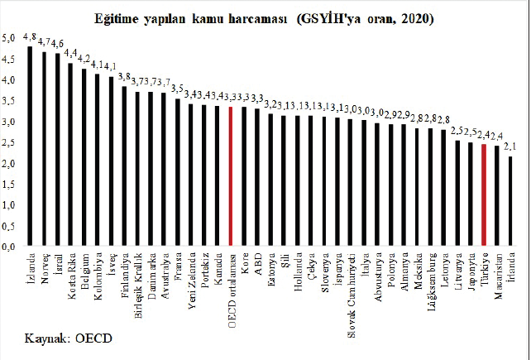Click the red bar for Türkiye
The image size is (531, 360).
[x=484, y=195]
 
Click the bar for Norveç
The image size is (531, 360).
[x=44, y=149]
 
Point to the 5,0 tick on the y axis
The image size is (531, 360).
[x=10, y=39]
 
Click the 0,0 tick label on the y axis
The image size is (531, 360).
[x=10, y=247]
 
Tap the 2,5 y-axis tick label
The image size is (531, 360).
[x=10, y=142]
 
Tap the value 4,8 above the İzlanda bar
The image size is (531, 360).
[x=31, y=36]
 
